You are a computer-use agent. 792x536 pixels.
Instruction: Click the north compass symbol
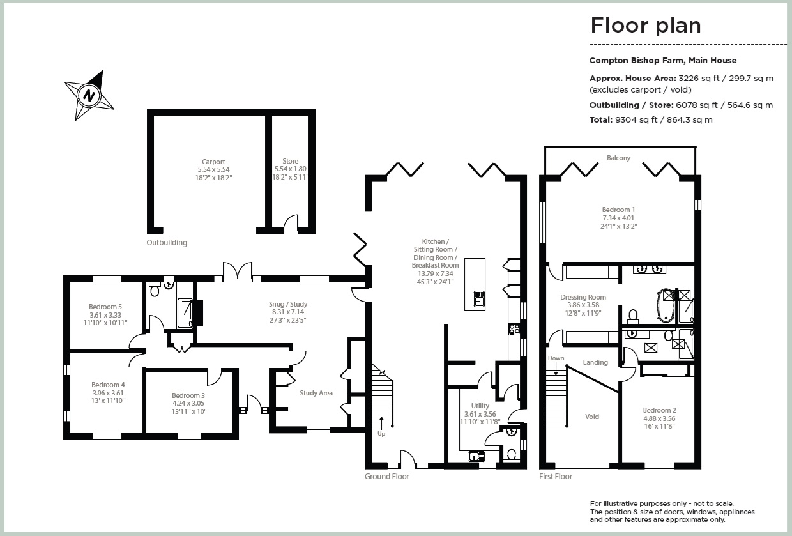click(x=89, y=96)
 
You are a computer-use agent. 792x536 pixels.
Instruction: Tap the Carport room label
click(x=213, y=162)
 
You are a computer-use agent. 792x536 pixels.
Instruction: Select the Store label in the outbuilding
click(x=290, y=162)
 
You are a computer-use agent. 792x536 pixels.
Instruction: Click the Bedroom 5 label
click(x=105, y=307)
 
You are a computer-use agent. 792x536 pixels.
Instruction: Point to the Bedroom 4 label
click(x=108, y=385)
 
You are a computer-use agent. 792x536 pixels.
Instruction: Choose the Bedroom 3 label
click(x=188, y=395)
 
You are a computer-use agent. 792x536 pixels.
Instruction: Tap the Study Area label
click(x=316, y=393)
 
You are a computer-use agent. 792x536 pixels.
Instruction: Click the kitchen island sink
click(x=477, y=298)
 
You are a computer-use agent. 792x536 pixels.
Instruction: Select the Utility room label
click(x=480, y=406)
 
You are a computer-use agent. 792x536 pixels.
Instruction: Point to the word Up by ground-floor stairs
click(x=381, y=434)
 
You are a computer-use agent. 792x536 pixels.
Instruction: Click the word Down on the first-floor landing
click(x=556, y=358)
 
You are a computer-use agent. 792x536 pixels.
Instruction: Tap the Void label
click(x=592, y=417)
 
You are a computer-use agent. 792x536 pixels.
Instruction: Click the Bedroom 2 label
click(x=659, y=410)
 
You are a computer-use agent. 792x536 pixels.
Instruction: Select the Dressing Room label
click(x=583, y=297)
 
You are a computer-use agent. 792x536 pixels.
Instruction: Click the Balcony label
click(x=618, y=158)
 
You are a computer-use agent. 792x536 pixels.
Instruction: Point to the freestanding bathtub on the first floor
click(x=666, y=305)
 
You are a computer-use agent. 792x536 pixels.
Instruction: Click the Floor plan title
click(x=645, y=26)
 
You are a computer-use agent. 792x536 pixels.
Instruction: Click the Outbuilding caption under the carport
click(x=167, y=243)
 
